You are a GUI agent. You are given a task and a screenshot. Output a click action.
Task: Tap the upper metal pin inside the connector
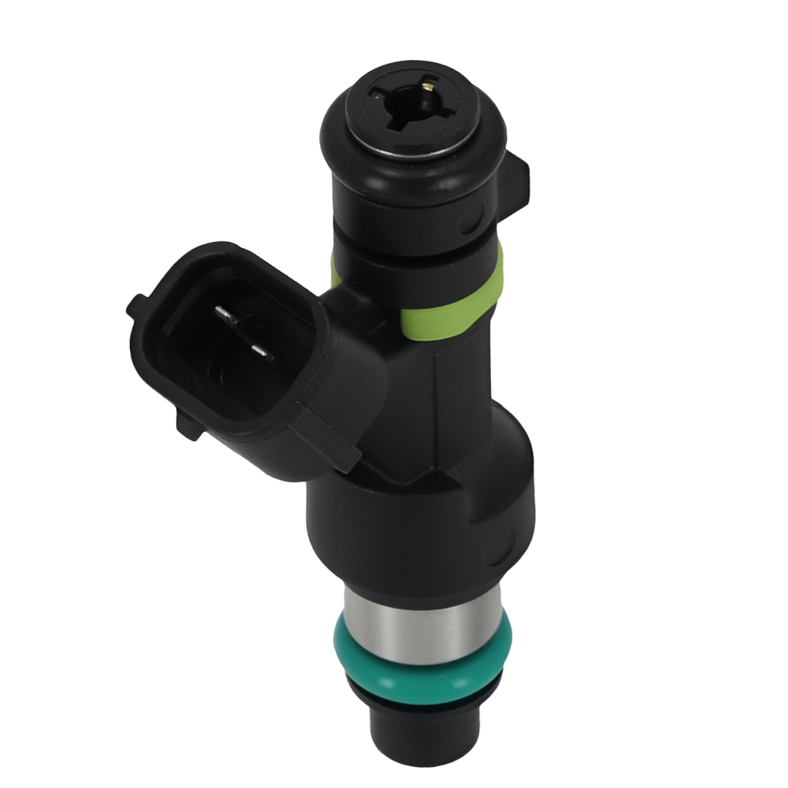point(229,318)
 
